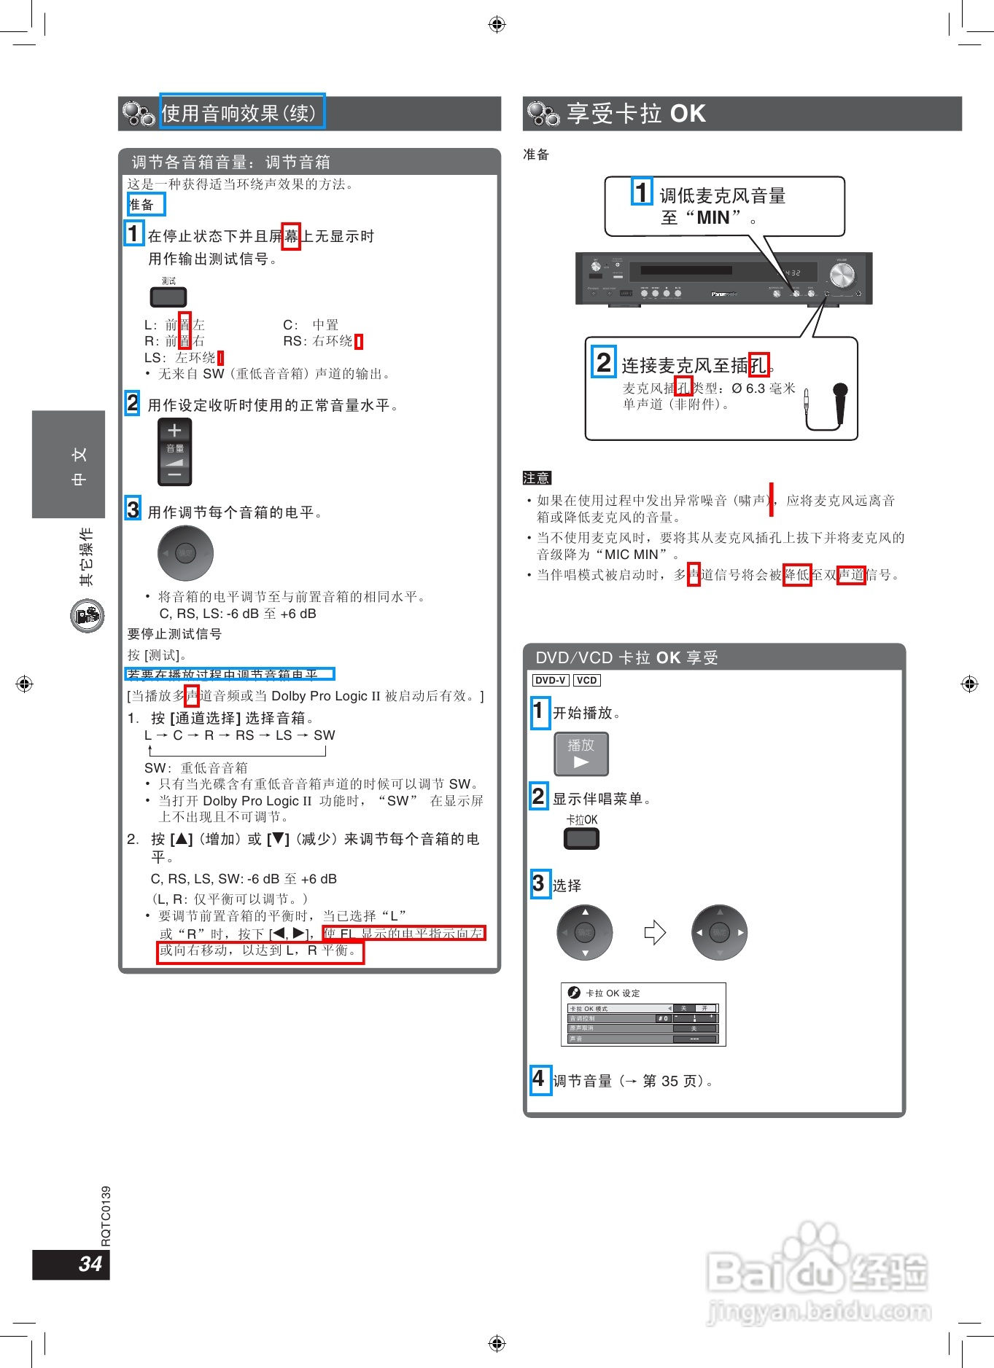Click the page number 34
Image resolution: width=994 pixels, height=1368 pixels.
[90, 1264]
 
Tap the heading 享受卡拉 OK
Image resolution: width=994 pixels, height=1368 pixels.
[636, 114]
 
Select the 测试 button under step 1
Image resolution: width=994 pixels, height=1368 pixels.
[168, 297]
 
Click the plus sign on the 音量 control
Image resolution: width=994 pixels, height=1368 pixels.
[174, 431]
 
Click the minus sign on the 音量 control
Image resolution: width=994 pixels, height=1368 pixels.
[174, 475]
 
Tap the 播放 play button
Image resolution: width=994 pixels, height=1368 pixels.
[581, 754]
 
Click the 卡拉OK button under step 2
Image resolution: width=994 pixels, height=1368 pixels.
[581, 838]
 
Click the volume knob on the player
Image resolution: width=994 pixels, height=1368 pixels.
[842, 276]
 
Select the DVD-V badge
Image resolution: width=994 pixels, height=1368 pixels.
[551, 680]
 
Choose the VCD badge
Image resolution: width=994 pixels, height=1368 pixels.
[586, 680]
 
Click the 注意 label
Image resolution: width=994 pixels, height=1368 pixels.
[537, 478]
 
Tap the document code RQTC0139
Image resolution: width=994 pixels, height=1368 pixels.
[106, 1216]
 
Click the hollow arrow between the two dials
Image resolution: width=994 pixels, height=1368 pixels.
[655, 932]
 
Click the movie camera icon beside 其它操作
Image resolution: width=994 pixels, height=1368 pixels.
[88, 616]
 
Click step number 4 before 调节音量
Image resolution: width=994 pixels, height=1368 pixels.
[539, 1079]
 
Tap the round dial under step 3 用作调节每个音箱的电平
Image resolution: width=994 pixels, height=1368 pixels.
[186, 553]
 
